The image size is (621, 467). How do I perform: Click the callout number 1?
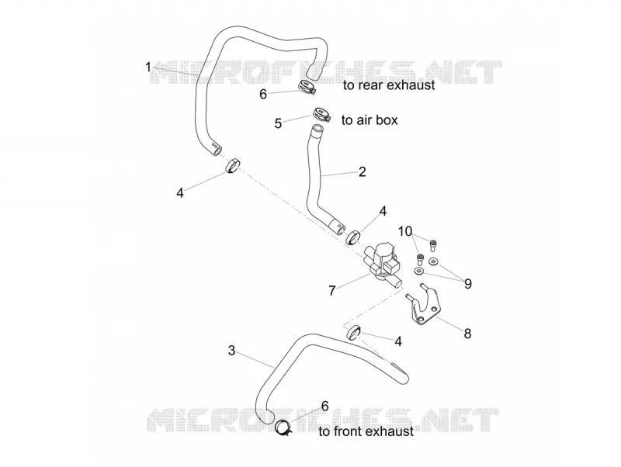click(x=148, y=67)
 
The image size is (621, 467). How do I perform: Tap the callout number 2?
click(x=362, y=171)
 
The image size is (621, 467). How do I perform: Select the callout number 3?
click(x=231, y=351)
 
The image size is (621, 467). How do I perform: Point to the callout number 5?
click(x=278, y=123)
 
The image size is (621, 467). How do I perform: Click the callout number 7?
click(x=332, y=291)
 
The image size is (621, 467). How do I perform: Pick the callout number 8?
click(x=467, y=334)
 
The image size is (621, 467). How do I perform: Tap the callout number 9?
click(x=468, y=284)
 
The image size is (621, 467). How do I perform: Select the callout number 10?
click(x=405, y=231)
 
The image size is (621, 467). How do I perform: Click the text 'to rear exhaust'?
click(x=389, y=85)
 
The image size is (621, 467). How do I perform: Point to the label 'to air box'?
click(x=369, y=120)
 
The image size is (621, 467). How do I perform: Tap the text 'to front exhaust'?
click(x=366, y=431)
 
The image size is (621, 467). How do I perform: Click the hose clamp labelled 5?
click(x=321, y=114)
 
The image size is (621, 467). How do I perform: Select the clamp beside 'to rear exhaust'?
click(x=305, y=88)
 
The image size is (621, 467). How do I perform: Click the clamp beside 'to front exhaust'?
click(x=283, y=428)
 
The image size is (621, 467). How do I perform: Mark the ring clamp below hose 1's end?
click(x=233, y=165)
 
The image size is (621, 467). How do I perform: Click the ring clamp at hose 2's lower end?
click(x=353, y=237)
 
